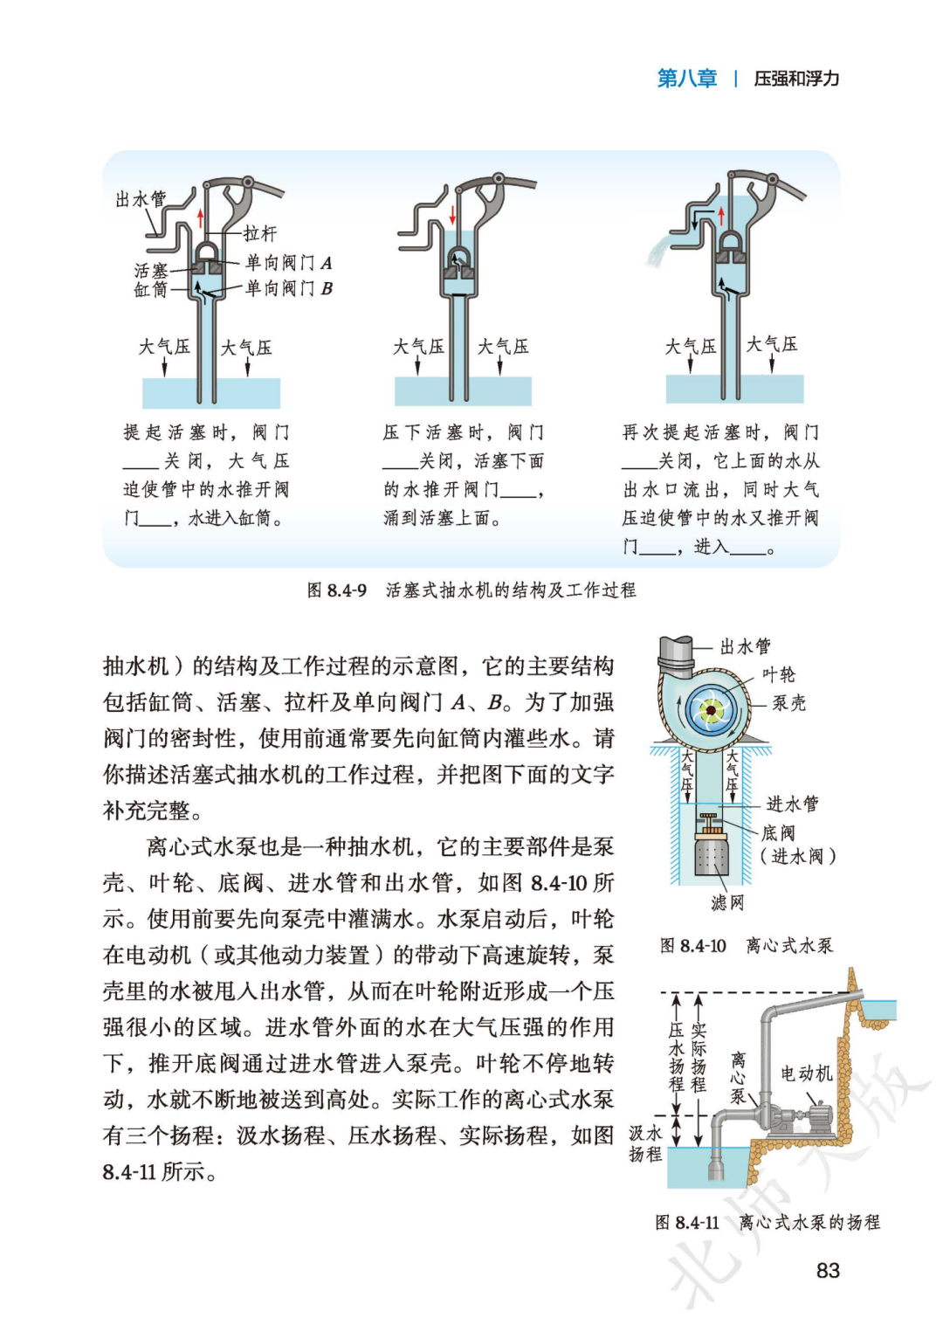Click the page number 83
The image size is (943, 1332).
[x=827, y=1270]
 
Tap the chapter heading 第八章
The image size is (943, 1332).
[x=686, y=79]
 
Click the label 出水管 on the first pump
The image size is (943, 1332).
[x=141, y=199]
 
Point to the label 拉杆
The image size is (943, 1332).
[x=260, y=233]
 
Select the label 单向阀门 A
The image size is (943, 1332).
[x=288, y=262]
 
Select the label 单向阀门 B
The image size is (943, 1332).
[x=288, y=288]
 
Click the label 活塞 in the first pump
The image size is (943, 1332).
[x=151, y=271]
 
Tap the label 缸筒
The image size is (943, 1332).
[x=150, y=290]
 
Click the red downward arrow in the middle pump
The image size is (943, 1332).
[x=452, y=214]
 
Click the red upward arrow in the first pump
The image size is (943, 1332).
[x=201, y=217]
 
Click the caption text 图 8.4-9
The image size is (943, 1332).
[x=337, y=590]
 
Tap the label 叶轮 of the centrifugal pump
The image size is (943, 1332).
[x=779, y=674]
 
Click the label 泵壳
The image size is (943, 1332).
[x=788, y=703]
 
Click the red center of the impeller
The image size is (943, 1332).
[x=711, y=711]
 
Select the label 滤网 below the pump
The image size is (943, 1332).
[x=726, y=902]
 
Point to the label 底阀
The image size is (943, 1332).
[x=778, y=833]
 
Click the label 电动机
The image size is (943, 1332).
[x=806, y=1073]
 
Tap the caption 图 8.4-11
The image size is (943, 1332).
[x=687, y=1223]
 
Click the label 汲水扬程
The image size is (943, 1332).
[x=645, y=1143]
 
